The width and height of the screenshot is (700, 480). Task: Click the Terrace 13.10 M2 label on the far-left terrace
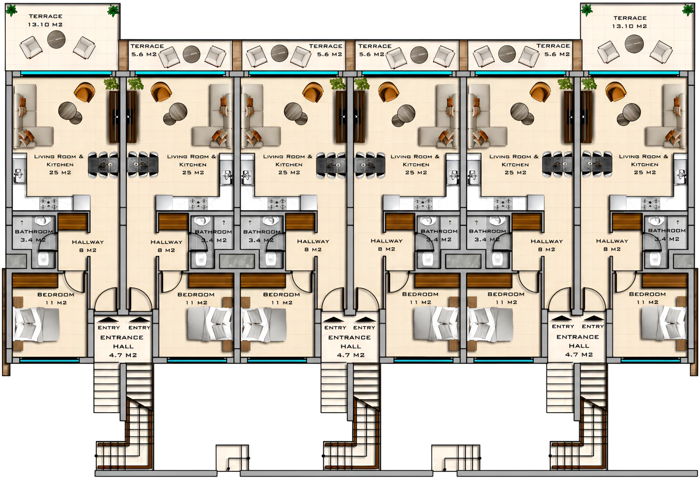coord(45,20)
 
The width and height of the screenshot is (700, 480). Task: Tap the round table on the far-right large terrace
coord(634,43)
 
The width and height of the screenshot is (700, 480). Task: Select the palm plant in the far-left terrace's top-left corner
coord(11,10)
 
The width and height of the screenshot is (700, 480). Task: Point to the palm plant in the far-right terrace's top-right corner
coord(688,10)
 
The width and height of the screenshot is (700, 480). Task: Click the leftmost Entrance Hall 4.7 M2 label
coord(123,346)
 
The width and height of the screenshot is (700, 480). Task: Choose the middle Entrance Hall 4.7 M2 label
coord(350,346)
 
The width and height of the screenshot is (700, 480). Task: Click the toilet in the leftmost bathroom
coord(44,259)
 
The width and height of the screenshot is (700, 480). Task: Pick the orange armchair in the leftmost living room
coord(84,92)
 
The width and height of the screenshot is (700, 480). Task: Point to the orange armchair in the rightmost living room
coord(616,92)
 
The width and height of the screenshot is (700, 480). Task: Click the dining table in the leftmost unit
coord(103,164)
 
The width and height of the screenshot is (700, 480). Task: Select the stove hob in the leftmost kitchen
coord(49,203)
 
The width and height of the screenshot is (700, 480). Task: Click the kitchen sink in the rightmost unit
coord(681,177)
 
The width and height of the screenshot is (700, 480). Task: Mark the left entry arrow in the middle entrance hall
coord(334,319)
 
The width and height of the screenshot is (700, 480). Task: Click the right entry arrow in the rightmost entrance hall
coord(594,318)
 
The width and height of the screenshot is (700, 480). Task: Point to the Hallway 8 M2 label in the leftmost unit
coord(88,246)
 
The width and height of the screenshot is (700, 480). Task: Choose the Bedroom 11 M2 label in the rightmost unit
coord(647,298)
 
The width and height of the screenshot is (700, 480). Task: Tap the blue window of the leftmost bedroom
coord(49,361)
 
